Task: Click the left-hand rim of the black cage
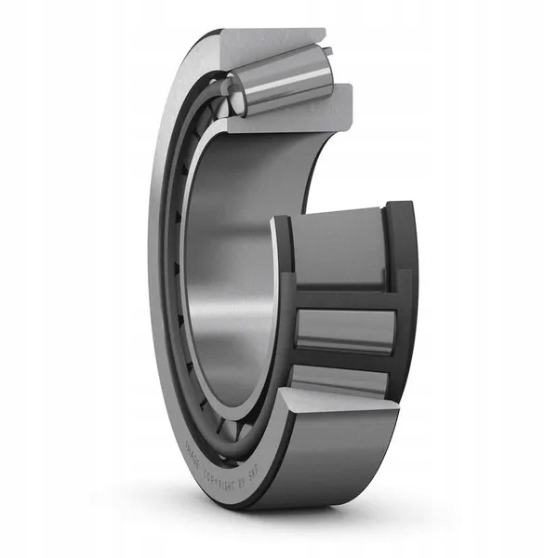click(284, 307)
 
